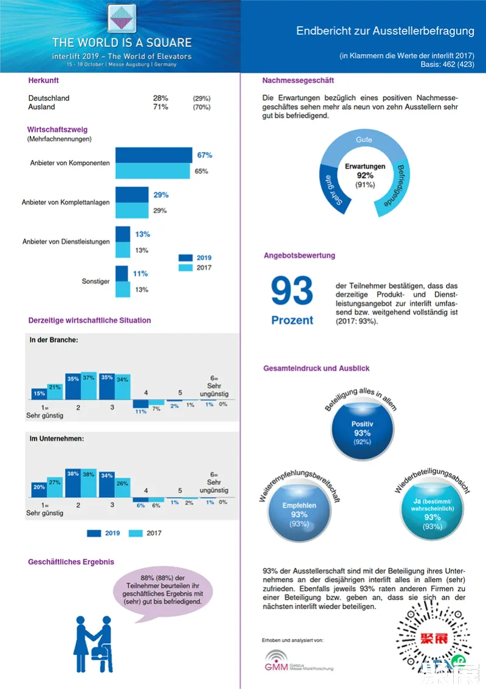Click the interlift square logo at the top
tap(122, 18)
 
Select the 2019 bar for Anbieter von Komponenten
tap(154, 155)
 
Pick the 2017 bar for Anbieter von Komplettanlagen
tap(132, 211)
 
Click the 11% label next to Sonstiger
tap(140, 274)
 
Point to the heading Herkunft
tap(44, 80)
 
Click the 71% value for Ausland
tap(160, 107)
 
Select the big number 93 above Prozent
tap(292, 291)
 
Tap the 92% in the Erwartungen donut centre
tap(365, 175)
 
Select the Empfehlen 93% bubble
tap(299, 511)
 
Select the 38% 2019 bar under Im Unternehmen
tap(73, 482)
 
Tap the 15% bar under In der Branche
tap(39, 394)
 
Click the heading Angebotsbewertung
tap(299, 255)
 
